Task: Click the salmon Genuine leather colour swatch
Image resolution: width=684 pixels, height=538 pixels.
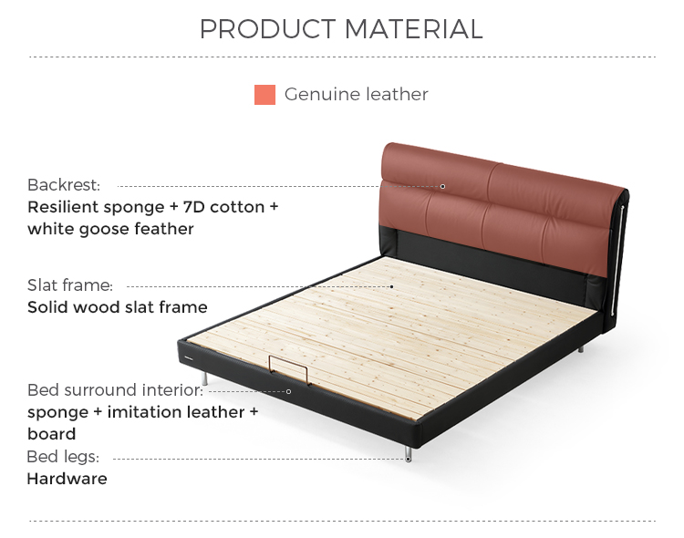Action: click(x=264, y=95)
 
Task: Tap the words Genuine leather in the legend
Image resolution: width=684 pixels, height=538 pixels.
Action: click(x=357, y=94)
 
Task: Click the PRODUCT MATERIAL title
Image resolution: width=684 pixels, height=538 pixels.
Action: click(x=341, y=29)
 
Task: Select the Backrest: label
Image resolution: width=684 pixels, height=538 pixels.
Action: click(x=64, y=185)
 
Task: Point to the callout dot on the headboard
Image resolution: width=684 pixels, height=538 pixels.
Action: click(x=442, y=186)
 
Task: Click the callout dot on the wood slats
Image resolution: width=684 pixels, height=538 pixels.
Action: click(x=392, y=286)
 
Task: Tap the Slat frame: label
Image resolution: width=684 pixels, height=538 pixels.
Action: click(x=70, y=285)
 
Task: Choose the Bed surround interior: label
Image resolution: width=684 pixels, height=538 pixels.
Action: click(x=115, y=390)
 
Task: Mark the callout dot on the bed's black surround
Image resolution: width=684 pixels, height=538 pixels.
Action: click(x=288, y=391)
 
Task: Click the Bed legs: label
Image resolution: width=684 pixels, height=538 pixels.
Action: click(x=63, y=457)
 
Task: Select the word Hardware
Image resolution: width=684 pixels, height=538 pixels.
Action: click(x=67, y=479)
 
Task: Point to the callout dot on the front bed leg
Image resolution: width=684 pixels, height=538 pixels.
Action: click(x=409, y=459)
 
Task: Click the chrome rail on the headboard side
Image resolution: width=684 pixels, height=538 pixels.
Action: click(x=617, y=258)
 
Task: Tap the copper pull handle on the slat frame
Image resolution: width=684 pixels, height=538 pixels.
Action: click(x=289, y=369)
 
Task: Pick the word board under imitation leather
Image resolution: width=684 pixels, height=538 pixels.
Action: click(x=51, y=434)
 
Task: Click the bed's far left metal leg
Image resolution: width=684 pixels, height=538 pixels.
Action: click(x=204, y=378)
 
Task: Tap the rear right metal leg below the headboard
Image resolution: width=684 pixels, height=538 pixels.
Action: click(x=581, y=348)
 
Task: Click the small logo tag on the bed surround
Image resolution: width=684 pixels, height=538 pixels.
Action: click(x=188, y=359)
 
